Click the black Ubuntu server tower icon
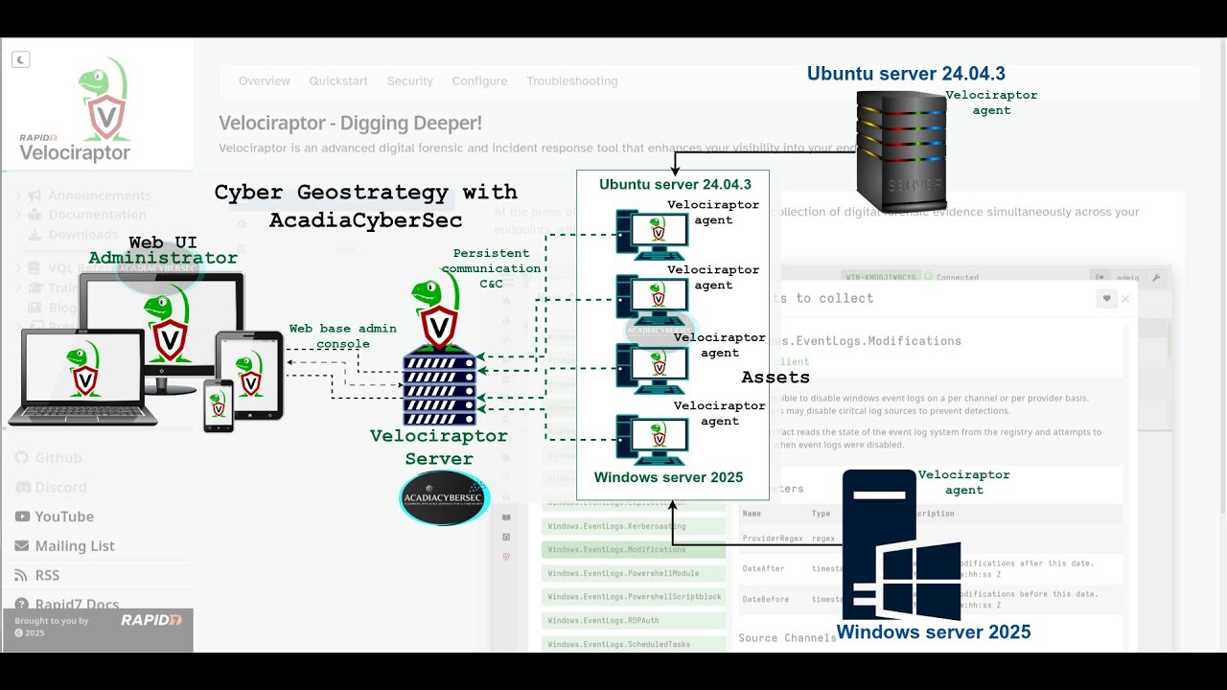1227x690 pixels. (901, 149)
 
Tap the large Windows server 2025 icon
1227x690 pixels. (901, 546)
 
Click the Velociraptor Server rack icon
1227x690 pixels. (439, 384)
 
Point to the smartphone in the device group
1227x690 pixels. (219, 405)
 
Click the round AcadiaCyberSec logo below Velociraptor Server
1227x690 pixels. (444, 497)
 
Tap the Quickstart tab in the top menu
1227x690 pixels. (338, 81)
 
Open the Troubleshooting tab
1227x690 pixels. (571, 81)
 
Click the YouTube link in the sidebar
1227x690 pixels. (64, 517)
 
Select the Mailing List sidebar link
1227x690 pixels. (75, 546)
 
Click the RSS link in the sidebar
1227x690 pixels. (47, 575)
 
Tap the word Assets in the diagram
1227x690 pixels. (776, 378)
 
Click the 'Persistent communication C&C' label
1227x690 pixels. (491, 268)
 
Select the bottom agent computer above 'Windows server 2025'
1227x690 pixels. (652, 440)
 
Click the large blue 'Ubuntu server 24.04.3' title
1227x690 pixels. (906, 74)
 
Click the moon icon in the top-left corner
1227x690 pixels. (20, 59)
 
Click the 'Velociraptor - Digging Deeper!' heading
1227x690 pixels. (350, 124)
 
